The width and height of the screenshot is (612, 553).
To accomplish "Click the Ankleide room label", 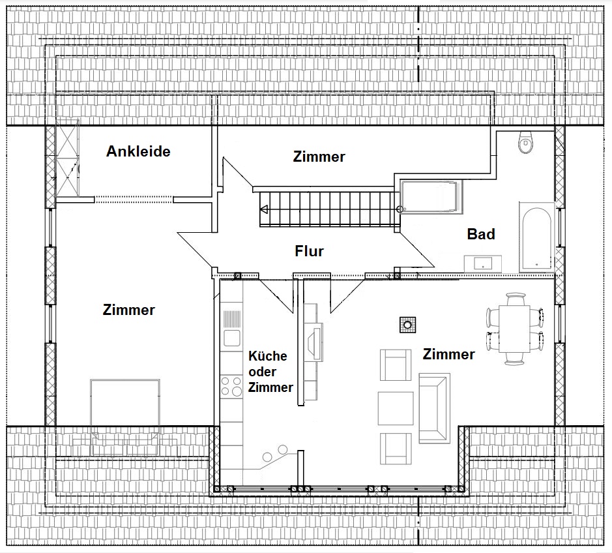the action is pos(138,151).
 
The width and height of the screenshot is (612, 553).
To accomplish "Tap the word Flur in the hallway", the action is pos(309,251).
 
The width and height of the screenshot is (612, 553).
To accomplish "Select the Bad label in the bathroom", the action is pos(481,234).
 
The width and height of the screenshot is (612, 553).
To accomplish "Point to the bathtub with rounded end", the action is pos(536,237).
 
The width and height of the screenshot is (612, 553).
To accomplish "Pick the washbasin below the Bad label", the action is pos(483,263).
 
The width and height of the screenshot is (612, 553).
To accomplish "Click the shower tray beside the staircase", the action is pos(431,197).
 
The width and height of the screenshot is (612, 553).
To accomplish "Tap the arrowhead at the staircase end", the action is pos(264,210).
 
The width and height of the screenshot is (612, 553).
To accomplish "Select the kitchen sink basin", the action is pos(231,337).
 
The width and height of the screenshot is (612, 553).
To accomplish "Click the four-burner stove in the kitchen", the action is pos(231,386).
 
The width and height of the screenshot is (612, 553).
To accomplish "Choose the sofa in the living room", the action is pos(435,408).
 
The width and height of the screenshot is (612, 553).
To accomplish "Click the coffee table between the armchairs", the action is pos(396,408).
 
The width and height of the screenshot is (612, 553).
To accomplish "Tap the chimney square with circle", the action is pos(407,325).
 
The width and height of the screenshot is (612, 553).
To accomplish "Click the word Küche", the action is pos(268,356).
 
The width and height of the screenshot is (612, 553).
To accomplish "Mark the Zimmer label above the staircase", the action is pos(319,157).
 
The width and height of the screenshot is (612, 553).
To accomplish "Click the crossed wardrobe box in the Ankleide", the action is pos(67,158).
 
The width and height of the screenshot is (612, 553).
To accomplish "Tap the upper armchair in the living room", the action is pos(396,365).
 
